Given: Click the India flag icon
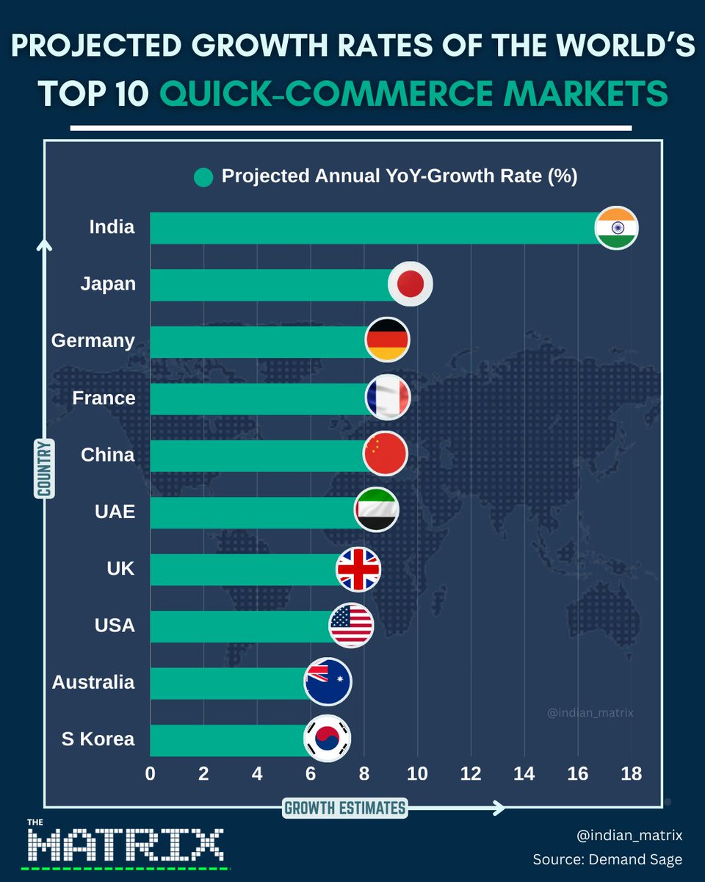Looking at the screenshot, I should [x=616, y=228].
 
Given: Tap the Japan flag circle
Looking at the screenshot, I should [x=410, y=284].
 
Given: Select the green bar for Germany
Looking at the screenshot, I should [x=257, y=341].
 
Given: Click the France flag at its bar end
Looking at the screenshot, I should [x=387, y=398].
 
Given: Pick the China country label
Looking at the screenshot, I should [x=107, y=455].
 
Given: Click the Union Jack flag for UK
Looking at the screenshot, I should [x=358, y=569].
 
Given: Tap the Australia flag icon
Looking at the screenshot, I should [x=328, y=681].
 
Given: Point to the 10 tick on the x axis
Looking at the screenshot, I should [x=417, y=774].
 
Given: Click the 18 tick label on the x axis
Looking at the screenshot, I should [x=631, y=774].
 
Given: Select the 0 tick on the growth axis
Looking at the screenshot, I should [x=151, y=774].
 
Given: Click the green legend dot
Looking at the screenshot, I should [x=203, y=177].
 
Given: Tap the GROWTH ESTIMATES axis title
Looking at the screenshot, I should [x=344, y=808].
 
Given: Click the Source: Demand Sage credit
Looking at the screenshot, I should [x=607, y=859].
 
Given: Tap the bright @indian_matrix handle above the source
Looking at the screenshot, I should [x=629, y=835].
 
